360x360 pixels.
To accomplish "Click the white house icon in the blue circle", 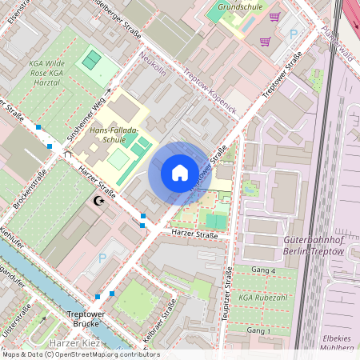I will click(180, 171).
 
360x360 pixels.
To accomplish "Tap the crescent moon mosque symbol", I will click(99, 201).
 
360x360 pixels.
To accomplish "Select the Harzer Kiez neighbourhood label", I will click(74, 343).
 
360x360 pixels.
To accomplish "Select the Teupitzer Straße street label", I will click(226, 296).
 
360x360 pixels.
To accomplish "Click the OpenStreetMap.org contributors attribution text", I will click(113, 354).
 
